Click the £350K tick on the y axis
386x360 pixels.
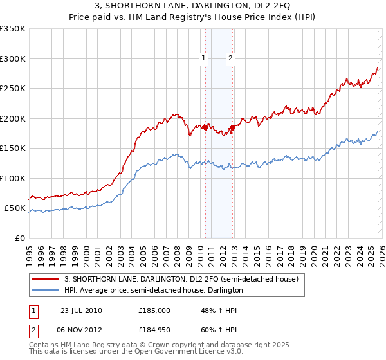point(13,29)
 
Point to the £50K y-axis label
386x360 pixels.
point(15,208)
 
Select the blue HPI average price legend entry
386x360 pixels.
point(153,291)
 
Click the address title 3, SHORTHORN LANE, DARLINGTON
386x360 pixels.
point(192,6)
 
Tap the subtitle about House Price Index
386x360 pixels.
point(192,18)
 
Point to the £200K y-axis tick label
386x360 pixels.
point(13,118)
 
